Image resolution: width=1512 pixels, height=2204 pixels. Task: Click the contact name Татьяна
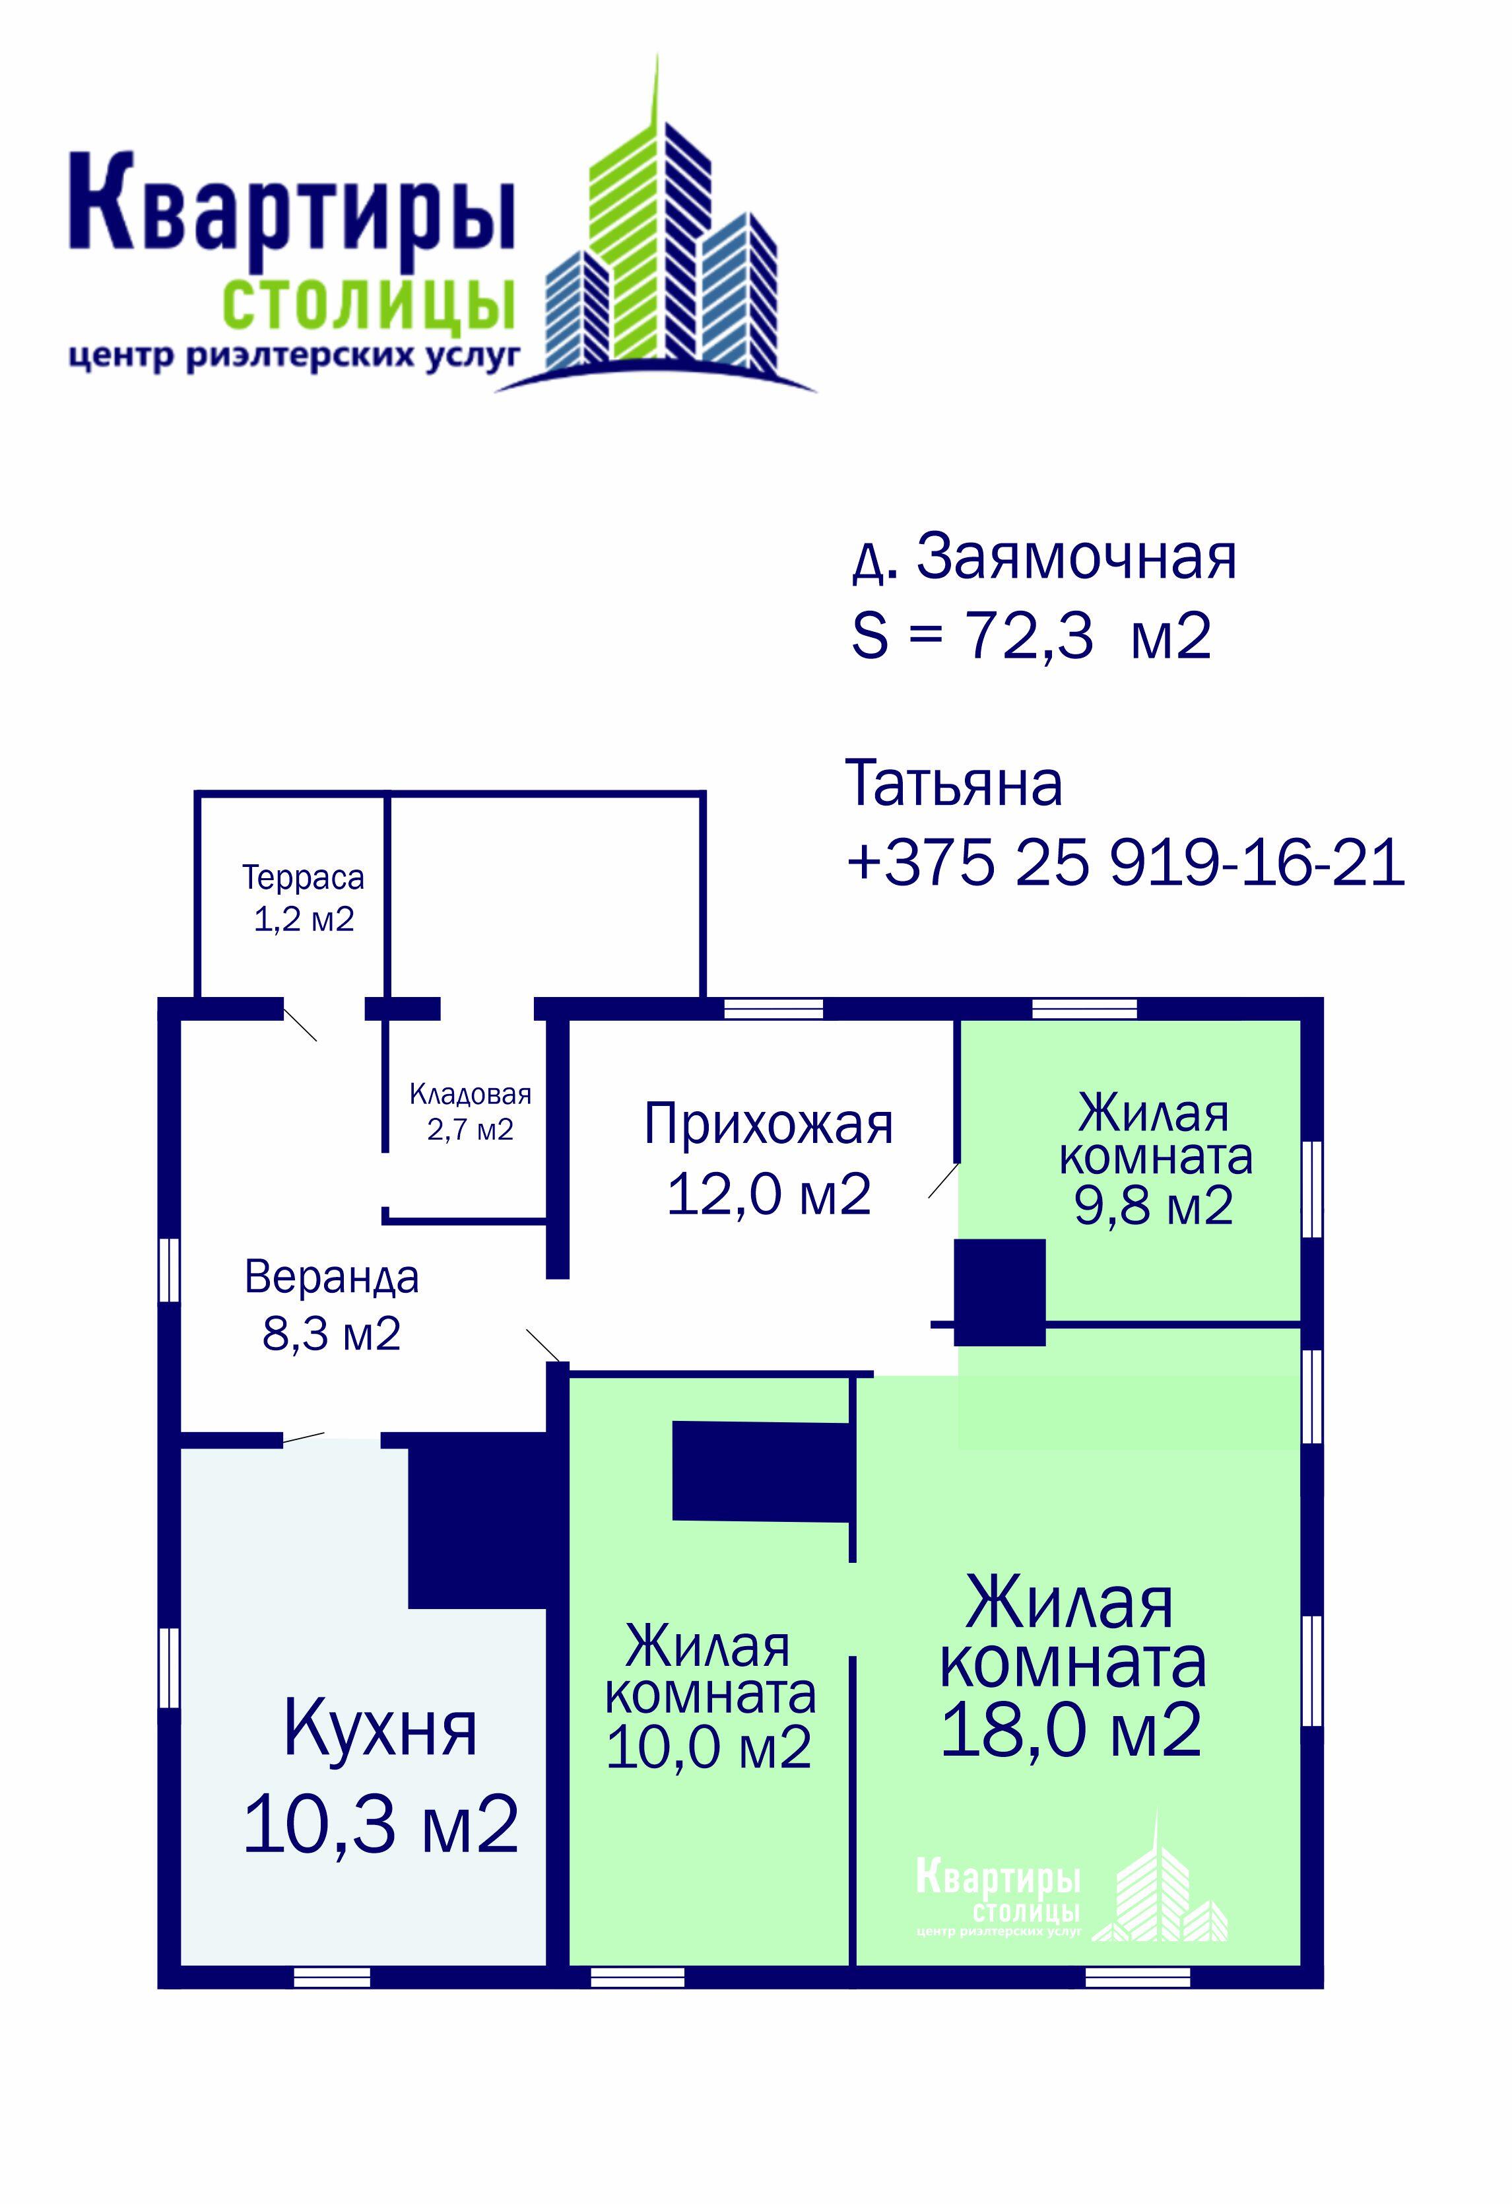[x=953, y=784]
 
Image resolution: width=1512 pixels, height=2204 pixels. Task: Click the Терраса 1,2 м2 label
[x=304, y=897]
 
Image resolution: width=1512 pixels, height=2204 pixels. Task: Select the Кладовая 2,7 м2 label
[x=470, y=1111]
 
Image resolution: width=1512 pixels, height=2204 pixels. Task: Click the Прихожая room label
[x=768, y=1124]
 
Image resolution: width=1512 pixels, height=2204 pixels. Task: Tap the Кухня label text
[x=379, y=1729]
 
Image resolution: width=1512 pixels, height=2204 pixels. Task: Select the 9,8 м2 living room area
[x=1153, y=1206]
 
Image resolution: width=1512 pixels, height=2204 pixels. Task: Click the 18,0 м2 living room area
[x=1071, y=1730]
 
